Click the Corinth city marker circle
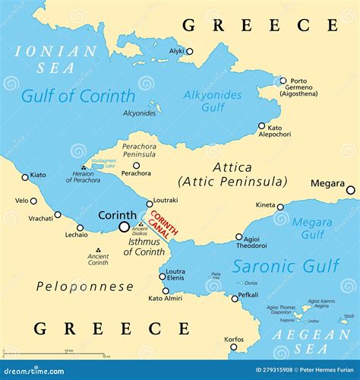coord(124,226)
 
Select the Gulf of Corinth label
coord(78,97)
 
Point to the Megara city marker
coord(350,190)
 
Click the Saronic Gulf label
coord(286,266)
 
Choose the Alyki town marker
coord(189,52)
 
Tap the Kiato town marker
coord(25,177)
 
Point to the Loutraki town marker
coord(149,203)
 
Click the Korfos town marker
coord(233,347)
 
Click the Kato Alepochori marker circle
coord(262,126)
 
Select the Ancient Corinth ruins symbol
coord(98,250)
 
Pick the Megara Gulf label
coord(311,228)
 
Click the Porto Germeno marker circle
coord(283,81)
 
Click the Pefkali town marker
coord(235,298)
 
